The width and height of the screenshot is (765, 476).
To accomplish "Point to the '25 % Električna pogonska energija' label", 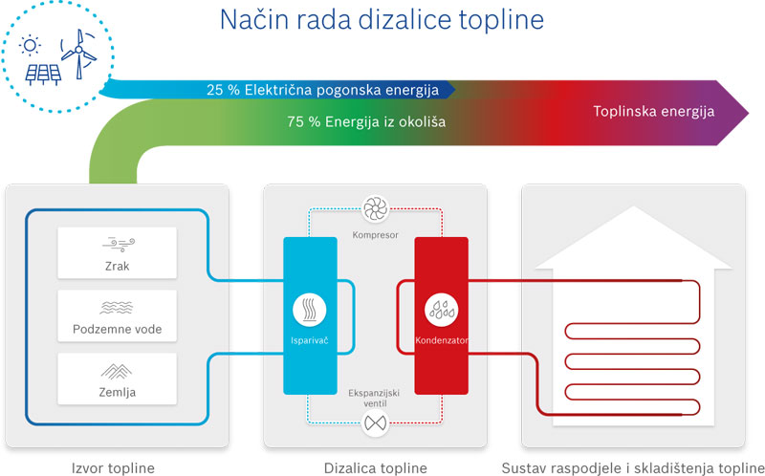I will tap(322, 91).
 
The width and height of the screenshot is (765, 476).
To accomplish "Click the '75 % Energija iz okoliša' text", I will tap(366, 122).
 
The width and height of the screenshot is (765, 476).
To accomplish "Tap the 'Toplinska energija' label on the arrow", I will tap(654, 112).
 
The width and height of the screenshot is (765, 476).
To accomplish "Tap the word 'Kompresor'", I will tap(374, 235).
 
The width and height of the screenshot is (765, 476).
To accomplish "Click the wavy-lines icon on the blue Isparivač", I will tap(311, 309).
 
